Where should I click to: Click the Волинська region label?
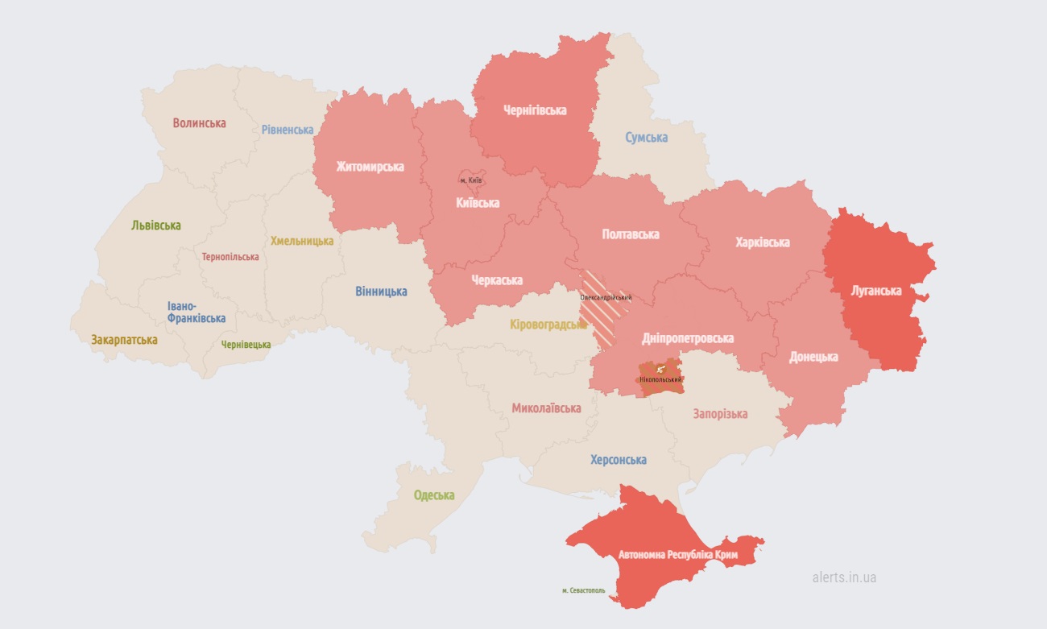coord(199,123)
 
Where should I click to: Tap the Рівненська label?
coord(288,130)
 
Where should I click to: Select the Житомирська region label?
coord(370,167)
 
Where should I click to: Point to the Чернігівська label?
coord(535,110)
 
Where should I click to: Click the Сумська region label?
coord(646,138)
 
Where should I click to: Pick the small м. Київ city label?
coord(471,180)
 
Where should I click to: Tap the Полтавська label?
coord(631,234)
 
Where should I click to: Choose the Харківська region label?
coord(762,242)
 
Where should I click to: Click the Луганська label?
coord(875,290)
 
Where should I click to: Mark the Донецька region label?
coord(813,357)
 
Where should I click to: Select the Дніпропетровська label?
coord(688,338)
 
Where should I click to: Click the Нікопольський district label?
coord(660,379)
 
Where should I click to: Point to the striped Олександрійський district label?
coord(606,297)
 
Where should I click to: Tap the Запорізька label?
coord(720,414)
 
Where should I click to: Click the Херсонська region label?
coord(618,460)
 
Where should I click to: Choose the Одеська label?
coord(434,495)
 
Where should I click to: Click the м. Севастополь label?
coord(584,590)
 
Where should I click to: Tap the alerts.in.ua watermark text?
coord(844,577)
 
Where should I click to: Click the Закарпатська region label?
coord(124,340)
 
